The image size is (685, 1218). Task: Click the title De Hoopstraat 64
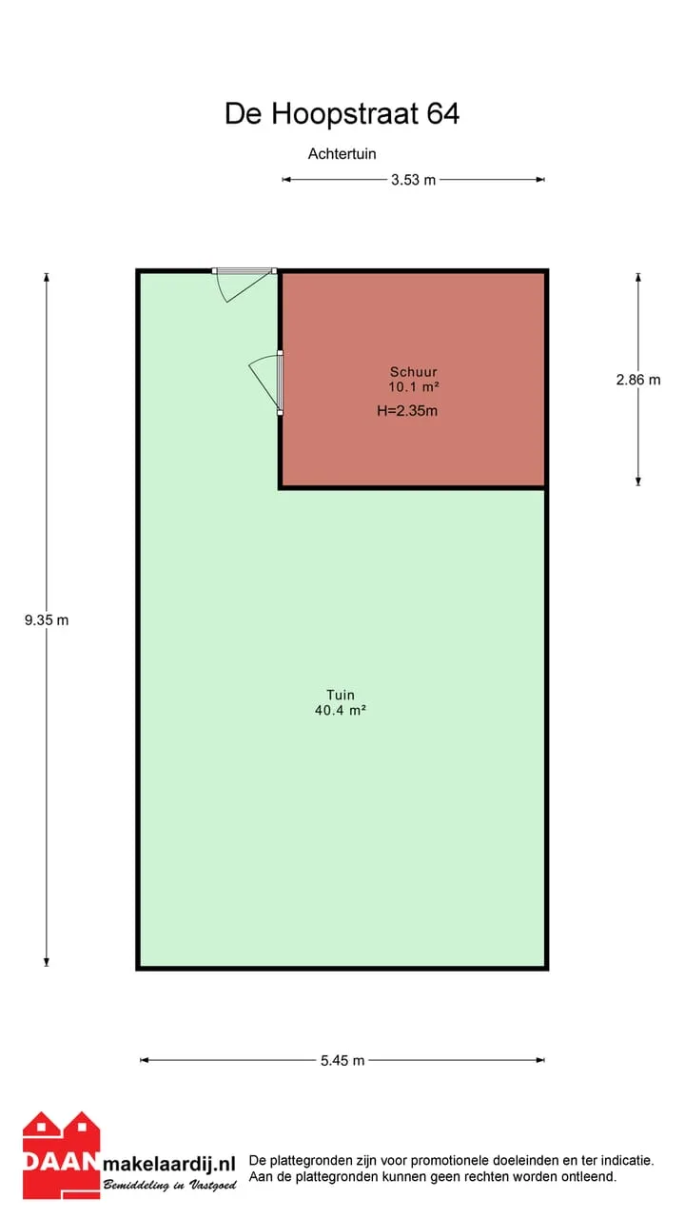coord(342,113)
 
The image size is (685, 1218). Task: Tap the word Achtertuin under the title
coord(342,154)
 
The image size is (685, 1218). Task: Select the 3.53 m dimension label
coord(413,180)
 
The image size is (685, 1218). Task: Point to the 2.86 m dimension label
coord(638,380)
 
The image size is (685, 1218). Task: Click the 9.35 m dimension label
coord(47,619)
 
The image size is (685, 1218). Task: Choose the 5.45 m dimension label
coord(342,1060)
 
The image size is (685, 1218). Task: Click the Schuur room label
coord(413,372)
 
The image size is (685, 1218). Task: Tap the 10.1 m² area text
coord(413,386)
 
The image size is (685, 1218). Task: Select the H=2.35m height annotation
coord(407,410)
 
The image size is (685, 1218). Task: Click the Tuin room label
coord(341,695)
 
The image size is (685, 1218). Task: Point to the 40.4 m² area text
coord(341,710)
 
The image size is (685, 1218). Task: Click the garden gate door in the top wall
coord(245,283)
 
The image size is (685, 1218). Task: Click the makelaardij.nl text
coord(169,1164)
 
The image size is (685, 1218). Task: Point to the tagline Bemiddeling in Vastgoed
coord(170,1185)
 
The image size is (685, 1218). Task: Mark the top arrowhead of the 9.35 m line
coord(47,277)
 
